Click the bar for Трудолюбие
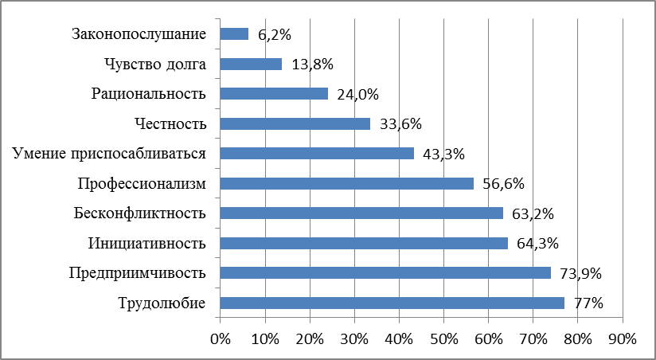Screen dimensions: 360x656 pos(392,303)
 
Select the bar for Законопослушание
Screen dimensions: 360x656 pos(234,34)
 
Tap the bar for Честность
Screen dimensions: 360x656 pos(295,123)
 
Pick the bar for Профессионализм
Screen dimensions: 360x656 pos(346,183)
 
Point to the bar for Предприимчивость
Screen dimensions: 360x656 pos(385,273)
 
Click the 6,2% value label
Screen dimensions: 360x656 pos(272,34)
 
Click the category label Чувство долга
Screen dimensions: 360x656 pos(155,64)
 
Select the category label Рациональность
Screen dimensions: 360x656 pos(149,94)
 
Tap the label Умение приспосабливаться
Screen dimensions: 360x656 pos(110,154)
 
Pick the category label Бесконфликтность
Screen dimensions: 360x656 pos(140,213)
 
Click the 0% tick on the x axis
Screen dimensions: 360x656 pos(220,338)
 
